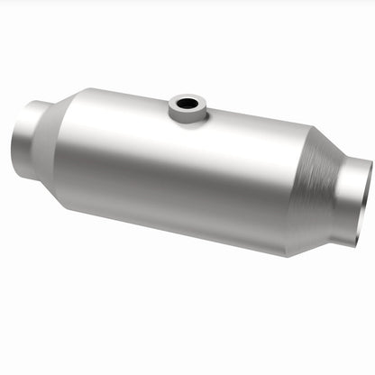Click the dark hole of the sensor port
pos(187,104)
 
